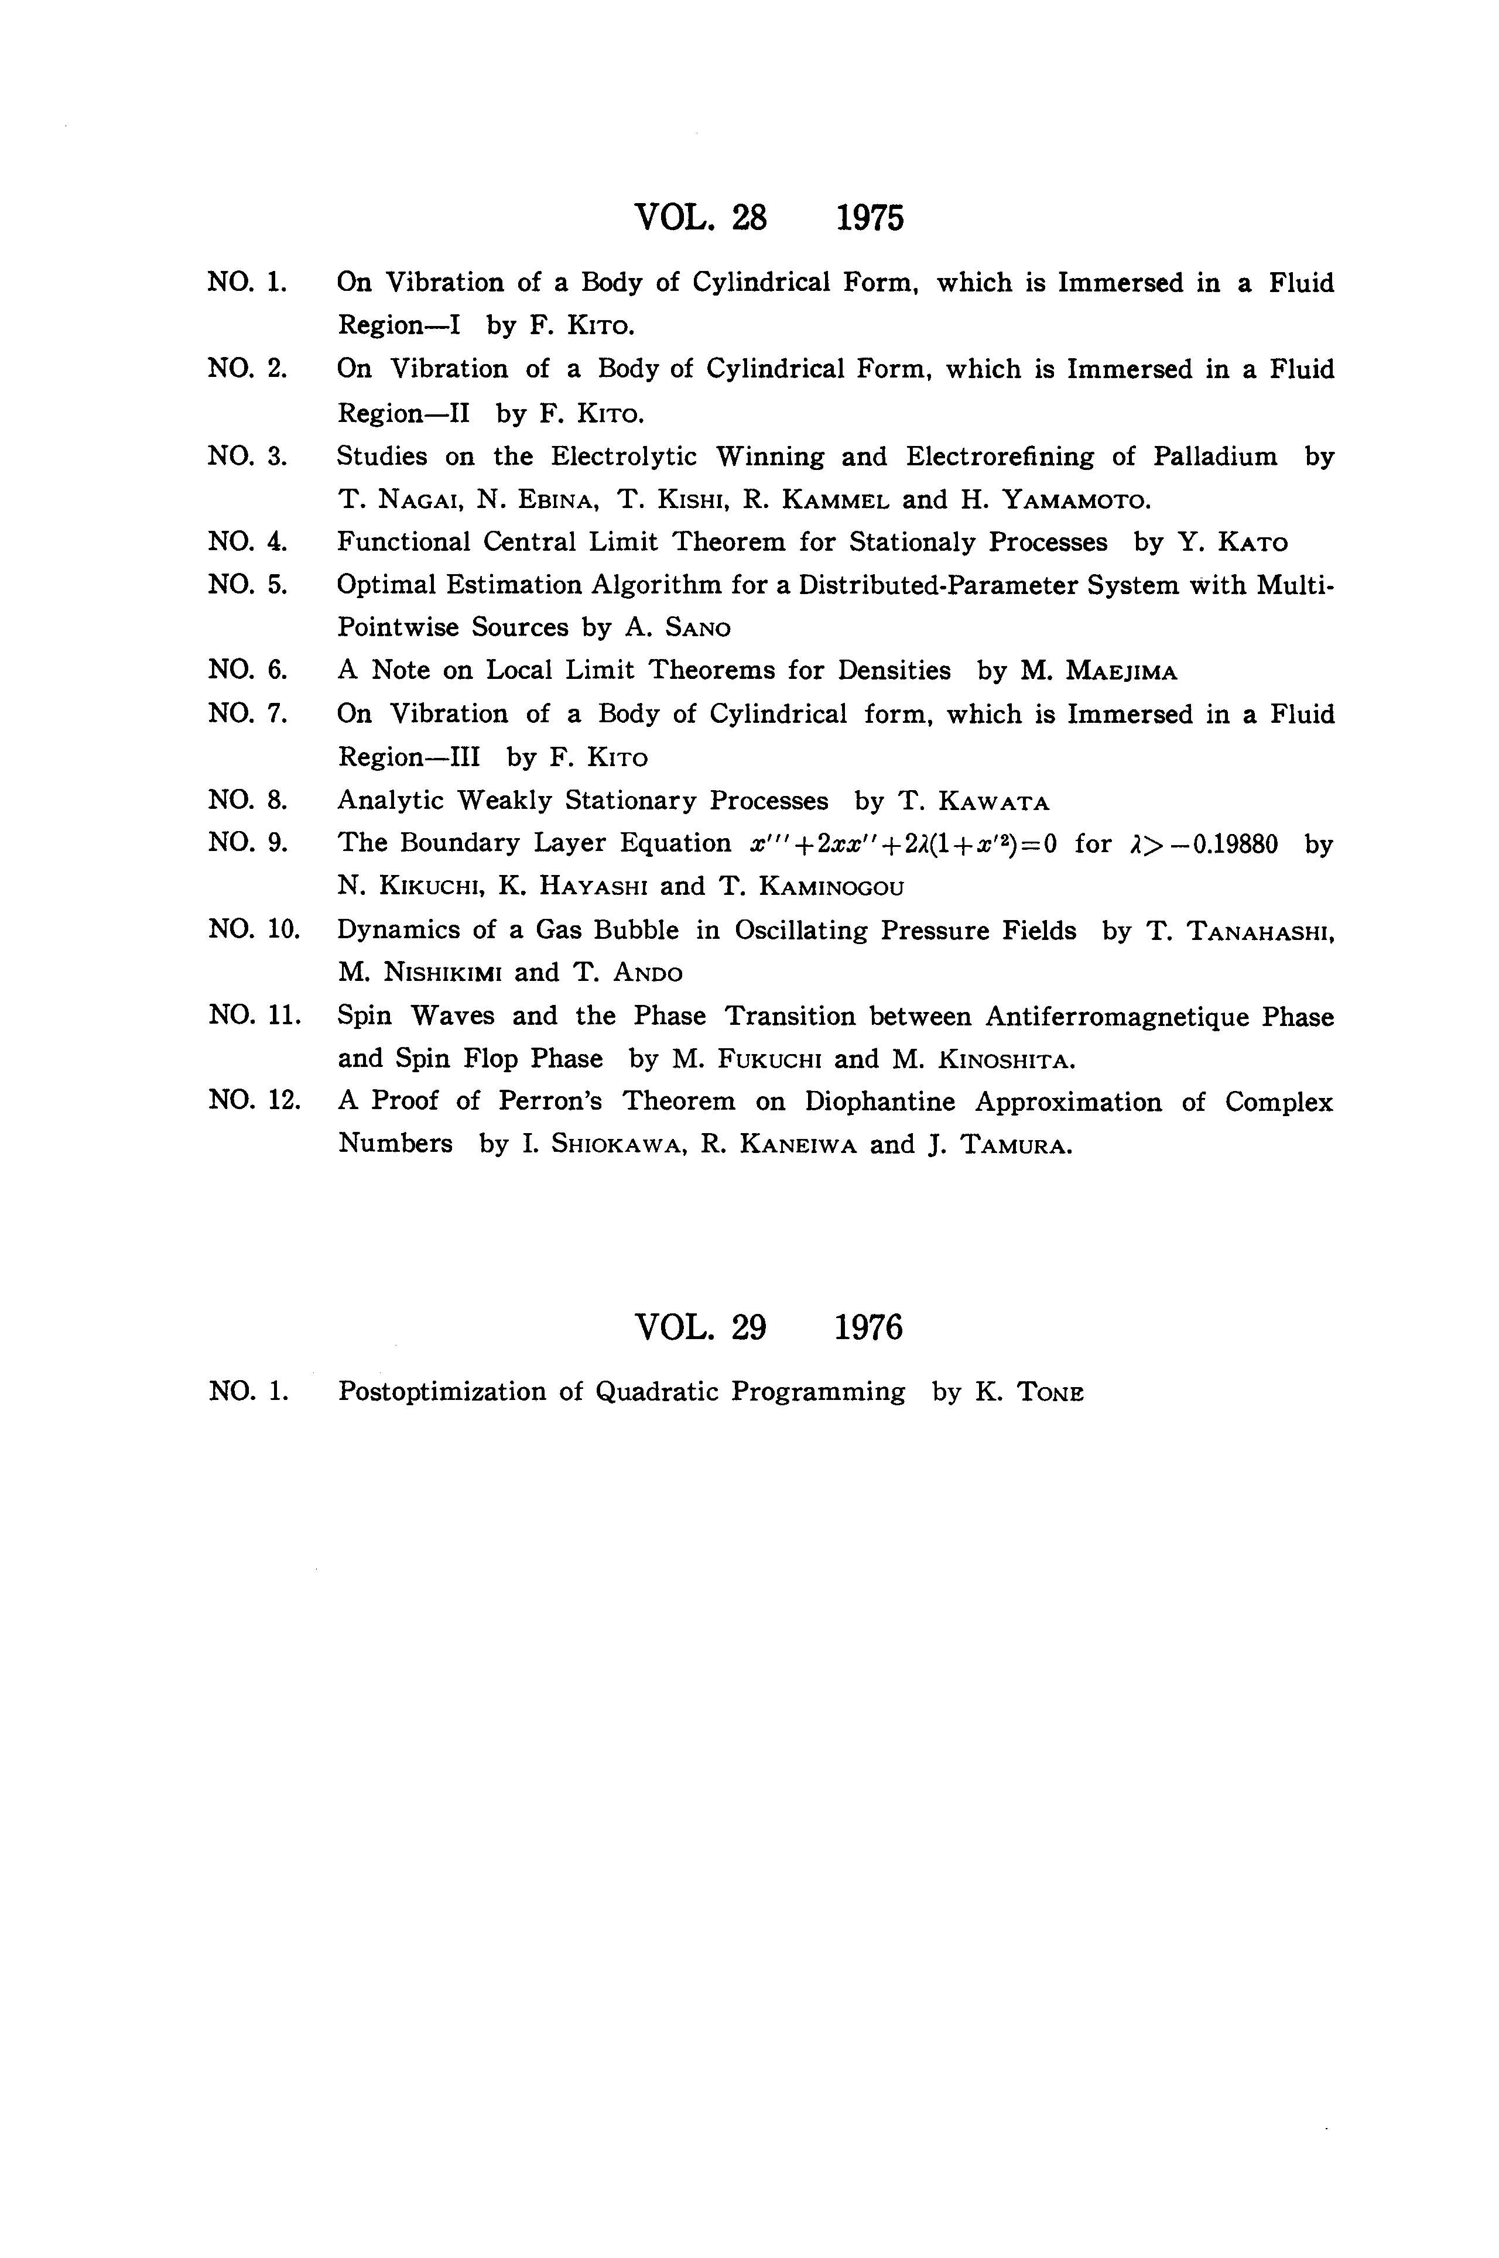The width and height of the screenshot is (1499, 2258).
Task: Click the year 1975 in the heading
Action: pos(869,219)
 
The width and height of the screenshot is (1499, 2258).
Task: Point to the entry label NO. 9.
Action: pos(248,843)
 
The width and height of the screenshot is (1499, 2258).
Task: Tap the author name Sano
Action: pos(691,628)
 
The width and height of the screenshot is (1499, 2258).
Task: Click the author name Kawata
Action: pos(995,801)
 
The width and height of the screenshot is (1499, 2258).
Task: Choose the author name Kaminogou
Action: pos(831,887)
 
